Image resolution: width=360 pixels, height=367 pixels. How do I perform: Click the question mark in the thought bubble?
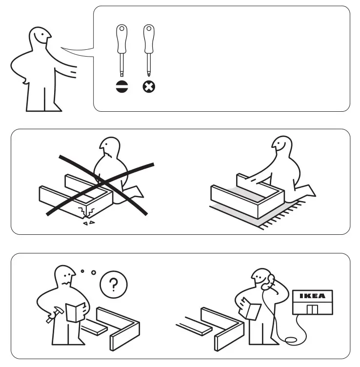tap(113, 284)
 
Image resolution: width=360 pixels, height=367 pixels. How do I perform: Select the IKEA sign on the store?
tap(311, 296)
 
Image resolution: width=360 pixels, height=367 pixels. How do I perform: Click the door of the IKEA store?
tap(311, 309)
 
